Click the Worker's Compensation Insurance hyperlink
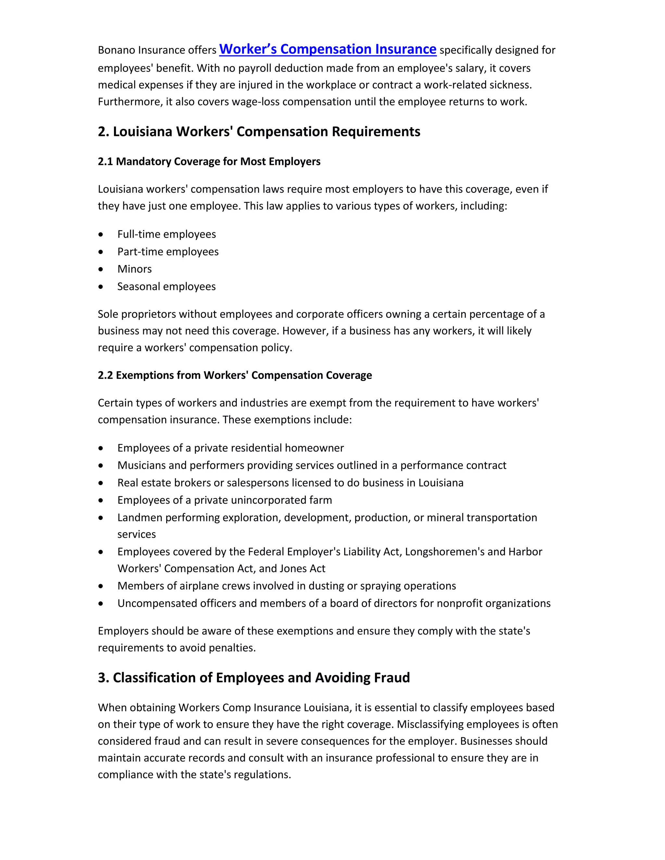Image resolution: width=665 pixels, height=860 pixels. click(327, 49)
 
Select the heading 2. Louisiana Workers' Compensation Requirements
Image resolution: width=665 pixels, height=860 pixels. click(259, 131)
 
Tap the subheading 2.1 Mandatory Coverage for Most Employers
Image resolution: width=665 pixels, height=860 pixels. click(209, 161)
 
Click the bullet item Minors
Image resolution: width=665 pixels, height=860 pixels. click(134, 269)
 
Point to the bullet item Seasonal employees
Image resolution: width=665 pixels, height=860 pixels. click(166, 286)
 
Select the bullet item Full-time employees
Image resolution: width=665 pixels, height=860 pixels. click(166, 234)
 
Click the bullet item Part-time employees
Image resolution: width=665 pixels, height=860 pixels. click(168, 252)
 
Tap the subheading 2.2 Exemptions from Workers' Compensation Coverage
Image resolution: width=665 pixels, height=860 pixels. click(234, 375)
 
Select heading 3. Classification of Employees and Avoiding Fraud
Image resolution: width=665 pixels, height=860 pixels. click(254, 678)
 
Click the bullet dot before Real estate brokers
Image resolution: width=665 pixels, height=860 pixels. click(101, 483)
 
